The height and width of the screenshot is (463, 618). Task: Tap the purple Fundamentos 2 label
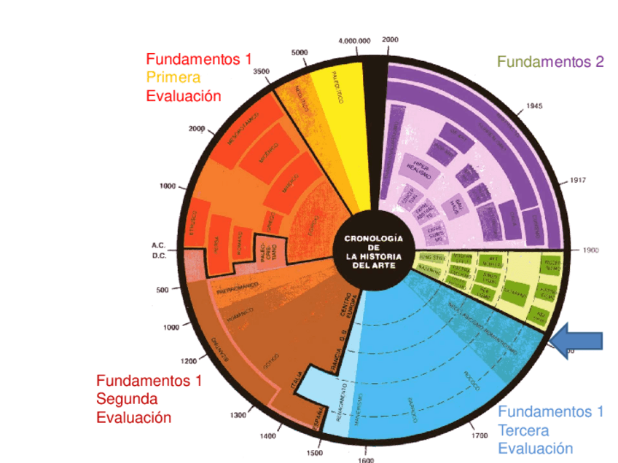[x=550, y=63]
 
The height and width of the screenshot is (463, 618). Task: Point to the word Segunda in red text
[x=127, y=399]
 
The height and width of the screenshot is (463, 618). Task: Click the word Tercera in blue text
[x=523, y=430]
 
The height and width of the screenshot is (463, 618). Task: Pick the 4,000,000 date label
[x=355, y=41]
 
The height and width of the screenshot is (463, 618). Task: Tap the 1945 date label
[x=533, y=106]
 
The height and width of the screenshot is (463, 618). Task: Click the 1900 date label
[x=590, y=250]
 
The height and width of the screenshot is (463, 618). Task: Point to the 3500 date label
[x=260, y=71]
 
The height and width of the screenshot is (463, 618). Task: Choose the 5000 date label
[x=300, y=52]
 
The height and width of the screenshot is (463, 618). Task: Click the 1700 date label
[x=479, y=435]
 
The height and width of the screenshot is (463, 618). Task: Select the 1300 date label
[x=238, y=416]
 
